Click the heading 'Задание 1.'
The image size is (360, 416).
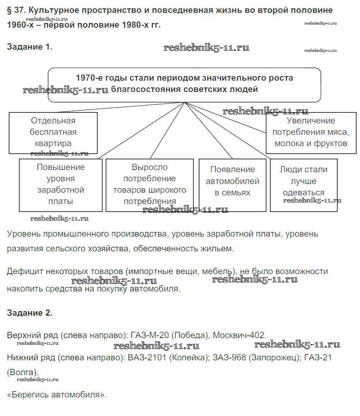pos(30,47)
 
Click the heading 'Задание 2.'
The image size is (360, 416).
pos(30,313)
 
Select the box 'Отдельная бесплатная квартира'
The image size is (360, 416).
pos(53,132)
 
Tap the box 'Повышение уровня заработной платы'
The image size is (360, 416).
pos(61,184)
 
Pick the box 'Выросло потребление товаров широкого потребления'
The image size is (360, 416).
pos(150,184)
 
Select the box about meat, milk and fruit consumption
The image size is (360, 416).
pos(310,132)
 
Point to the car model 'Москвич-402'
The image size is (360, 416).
pos(239,335)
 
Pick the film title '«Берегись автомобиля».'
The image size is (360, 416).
pos(57,394)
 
